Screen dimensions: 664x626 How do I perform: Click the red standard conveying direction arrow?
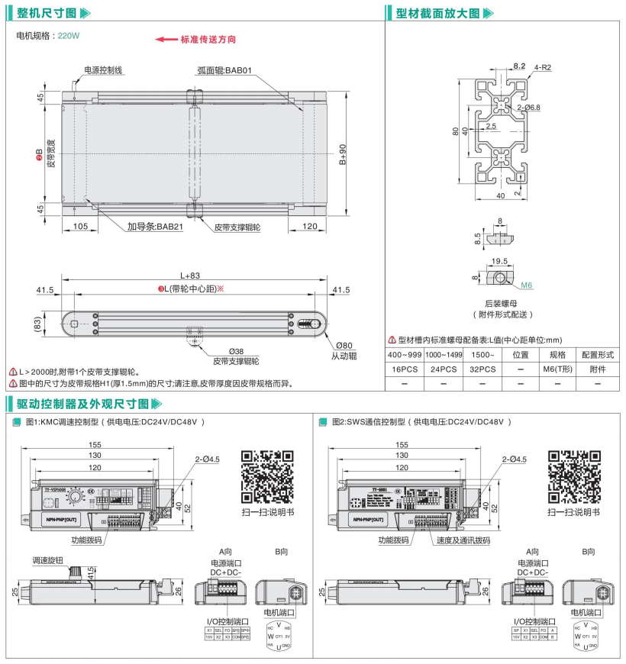[x=166, y=39]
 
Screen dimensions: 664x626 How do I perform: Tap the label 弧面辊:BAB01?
[x=224, y=69]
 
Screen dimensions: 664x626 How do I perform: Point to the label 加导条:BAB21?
[x=155, y=227]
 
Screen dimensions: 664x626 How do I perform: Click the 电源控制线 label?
[x=103, y=69]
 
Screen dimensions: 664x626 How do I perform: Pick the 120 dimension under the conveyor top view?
[x=310, y=227]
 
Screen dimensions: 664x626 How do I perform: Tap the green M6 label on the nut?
[x=526, y=285]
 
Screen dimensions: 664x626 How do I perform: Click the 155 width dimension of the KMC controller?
[x=95, y=444]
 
